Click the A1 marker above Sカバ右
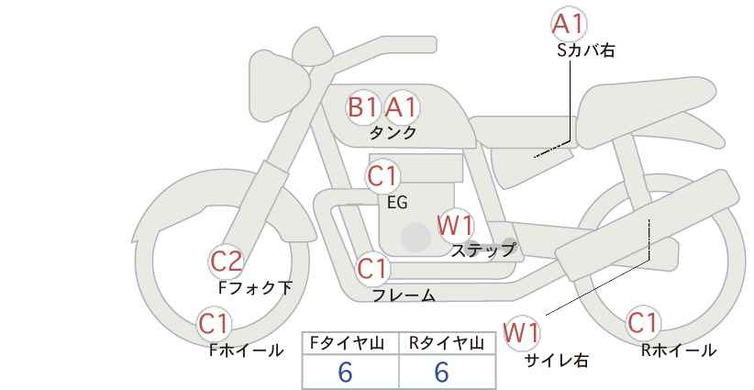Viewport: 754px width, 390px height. [569, 24]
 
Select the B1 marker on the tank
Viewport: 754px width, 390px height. [363, 106]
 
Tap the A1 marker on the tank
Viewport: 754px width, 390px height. [401, 106]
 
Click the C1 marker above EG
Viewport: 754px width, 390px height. [383, 176]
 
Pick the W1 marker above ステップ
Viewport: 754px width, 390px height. [455, 225]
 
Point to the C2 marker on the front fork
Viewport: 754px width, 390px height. [226, 262]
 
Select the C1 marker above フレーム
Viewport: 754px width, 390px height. [372, 268]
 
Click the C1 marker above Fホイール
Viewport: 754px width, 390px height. [214, 324]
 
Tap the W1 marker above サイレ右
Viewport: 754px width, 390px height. [521, 333]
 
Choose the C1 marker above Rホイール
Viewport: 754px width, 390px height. [643, 323]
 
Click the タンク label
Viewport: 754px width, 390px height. [393, 132]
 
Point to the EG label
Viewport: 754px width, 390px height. [397, 203]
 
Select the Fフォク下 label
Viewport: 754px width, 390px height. [255, 287]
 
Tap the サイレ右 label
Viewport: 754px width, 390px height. [557, 361]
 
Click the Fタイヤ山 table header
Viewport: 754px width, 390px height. [347, 343]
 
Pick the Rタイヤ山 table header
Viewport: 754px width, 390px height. [447, 343]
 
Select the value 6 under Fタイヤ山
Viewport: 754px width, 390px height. [345, 372]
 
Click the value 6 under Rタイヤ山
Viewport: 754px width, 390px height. [441, 372]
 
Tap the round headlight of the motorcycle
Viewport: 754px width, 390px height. [278, 85]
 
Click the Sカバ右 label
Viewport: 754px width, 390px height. [586, 50]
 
